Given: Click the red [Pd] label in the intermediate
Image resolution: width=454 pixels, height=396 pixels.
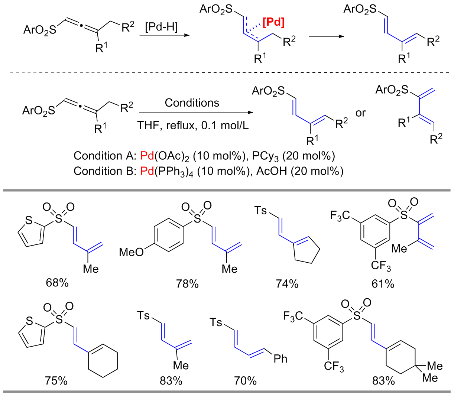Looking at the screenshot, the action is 273,23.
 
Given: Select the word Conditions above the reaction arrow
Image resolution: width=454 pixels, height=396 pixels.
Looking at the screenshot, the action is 192,103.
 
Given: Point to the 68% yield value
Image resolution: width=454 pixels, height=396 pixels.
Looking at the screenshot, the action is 57,283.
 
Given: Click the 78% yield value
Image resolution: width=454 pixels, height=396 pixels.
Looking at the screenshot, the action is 187,284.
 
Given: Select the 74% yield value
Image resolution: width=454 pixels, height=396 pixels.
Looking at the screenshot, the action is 287,284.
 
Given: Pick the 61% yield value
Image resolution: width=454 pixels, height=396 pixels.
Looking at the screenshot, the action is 383,284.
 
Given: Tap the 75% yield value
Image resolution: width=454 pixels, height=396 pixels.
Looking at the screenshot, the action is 56,381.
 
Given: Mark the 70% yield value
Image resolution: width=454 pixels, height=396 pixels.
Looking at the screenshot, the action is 245,381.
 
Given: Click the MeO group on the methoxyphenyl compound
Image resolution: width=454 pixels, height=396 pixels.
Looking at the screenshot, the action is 131,252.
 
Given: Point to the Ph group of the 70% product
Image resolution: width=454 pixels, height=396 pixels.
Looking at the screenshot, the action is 280,358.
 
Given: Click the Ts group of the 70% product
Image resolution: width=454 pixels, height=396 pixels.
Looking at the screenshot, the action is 217,322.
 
